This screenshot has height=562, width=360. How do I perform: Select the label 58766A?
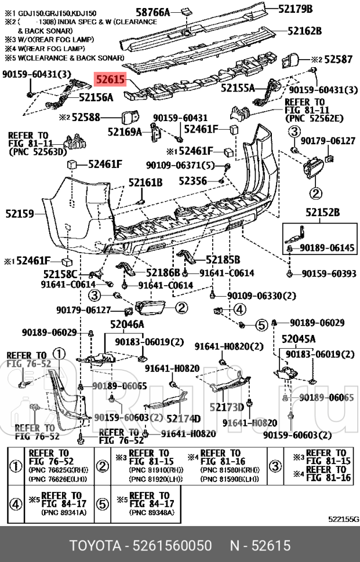(153, 12)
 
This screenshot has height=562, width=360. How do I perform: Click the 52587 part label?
(339, 59)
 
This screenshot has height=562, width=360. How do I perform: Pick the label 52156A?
(96, 98)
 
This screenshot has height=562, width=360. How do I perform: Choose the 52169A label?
(125, 132)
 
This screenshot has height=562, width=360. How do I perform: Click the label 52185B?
(223, 259)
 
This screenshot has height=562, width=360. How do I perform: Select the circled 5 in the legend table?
(102, 503)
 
